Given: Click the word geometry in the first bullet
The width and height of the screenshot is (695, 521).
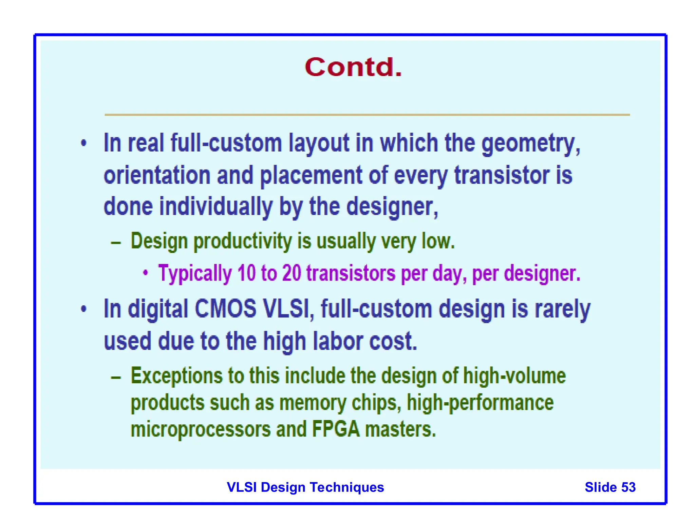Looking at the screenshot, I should pos(530,144).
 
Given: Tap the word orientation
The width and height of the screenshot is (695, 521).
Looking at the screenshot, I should pos(157,176).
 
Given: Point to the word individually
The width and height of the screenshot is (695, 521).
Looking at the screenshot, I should pos(216,207).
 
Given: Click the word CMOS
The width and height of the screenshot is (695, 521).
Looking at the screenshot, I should pos(225,309).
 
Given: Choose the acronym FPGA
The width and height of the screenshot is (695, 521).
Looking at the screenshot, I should pos(335,429).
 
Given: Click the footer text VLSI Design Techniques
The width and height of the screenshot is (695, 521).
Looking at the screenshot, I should pos(305,487).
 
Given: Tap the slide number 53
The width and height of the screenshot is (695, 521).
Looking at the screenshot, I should pos(628,487).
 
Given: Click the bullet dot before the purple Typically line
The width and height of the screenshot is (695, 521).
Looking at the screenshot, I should pos(145,272).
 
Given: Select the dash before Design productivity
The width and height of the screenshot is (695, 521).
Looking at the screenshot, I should pos(116,243).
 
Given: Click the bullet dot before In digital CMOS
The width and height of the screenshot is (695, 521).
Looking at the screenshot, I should pos(84,309).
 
